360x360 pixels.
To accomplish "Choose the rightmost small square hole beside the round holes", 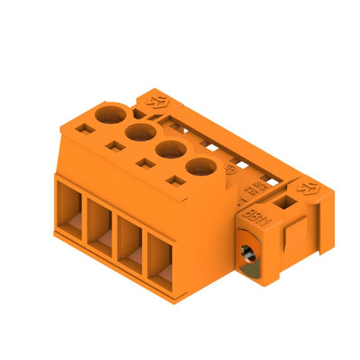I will click(x=176, y=183).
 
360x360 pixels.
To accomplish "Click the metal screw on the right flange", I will click(x=247, y=255).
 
